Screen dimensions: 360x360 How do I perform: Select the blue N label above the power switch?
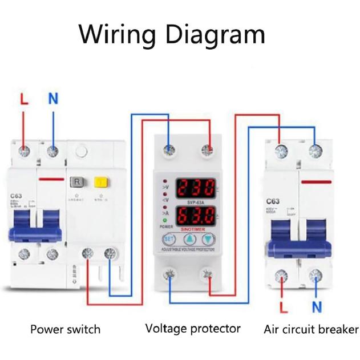53,99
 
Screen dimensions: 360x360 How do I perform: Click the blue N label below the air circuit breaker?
317,308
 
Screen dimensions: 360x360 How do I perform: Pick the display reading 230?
195,188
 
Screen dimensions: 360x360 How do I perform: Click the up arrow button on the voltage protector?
189,240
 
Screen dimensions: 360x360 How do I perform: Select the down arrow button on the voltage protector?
209,240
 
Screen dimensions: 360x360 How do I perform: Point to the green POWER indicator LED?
165,220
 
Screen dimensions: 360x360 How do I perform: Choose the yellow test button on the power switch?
102,183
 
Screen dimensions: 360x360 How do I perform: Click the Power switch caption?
65,329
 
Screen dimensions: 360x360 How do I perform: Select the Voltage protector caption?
193,329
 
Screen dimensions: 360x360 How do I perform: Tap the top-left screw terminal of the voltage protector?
169,151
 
